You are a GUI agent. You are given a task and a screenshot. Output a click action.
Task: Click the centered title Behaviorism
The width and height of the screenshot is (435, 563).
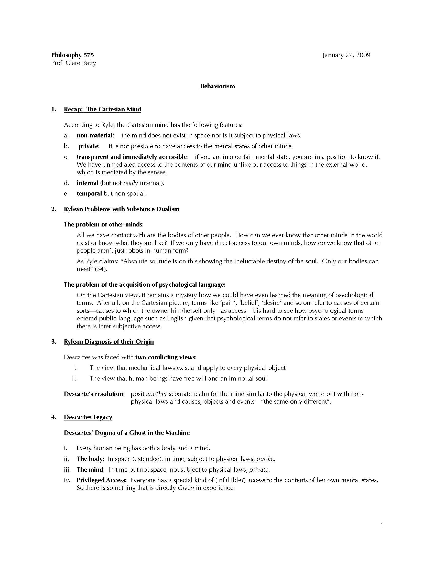pyautogui.click(x=217, y=86)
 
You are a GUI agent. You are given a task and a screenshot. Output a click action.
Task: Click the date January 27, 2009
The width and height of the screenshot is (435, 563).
pyautogui.click(x=346, y=55)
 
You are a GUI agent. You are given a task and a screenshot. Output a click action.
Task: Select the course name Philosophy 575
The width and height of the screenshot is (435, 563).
pyautogui.click(x=72, y=55)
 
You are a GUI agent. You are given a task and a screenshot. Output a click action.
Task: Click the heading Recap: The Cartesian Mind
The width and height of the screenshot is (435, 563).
pyautogui.click(x=102, y=109)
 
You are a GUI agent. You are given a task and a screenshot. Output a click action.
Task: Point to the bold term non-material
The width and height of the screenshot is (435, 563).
pyautogui.click(x=95, y=136)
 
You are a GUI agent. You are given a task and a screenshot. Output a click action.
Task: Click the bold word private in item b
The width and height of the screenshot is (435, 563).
pyautogui.click(x=88, y=146)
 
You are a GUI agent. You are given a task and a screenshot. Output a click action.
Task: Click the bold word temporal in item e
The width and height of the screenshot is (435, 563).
pyautogui.click(x=89, y=194)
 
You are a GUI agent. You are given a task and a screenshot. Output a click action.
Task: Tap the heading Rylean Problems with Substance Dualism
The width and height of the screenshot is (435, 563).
pyautogui.click(x=122, y=209)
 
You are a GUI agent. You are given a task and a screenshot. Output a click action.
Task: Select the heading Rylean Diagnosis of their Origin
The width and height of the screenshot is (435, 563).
pyautogui.click(x=109, y=342)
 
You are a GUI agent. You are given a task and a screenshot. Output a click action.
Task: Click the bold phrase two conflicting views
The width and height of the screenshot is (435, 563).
pyautogui.click(x=165, y=358)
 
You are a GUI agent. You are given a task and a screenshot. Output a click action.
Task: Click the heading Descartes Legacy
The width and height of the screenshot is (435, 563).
pyautogui.click(x=88, y=417)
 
